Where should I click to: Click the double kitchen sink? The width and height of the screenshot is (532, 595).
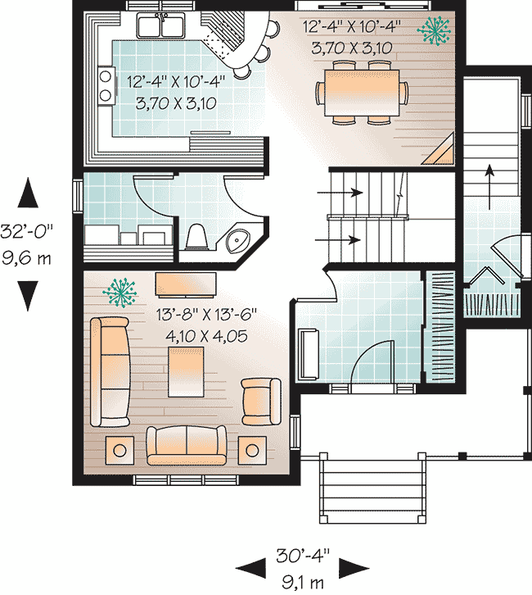click(161, 25)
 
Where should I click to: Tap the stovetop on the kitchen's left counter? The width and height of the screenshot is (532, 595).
click(106, 86)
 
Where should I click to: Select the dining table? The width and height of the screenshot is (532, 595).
click(362, 93)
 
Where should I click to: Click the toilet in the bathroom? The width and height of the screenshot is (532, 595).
click(196, 236)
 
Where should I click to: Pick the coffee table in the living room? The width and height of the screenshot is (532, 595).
click(186, 371)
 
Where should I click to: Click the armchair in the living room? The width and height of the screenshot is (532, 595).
click(261, 402)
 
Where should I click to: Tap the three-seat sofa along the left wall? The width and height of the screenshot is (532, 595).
click(110, 372)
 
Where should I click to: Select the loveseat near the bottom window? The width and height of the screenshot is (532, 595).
click(187, 446)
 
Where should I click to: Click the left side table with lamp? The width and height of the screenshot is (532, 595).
click(119, 450)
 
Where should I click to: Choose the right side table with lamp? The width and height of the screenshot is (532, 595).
click(252, 450)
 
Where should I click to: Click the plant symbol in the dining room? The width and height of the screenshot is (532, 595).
click(434, 31)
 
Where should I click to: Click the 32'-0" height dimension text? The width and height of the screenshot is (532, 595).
click(26, 231)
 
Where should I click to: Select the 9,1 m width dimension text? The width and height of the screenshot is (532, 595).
click(302, 582)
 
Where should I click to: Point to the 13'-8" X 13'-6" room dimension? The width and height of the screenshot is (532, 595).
click(206, 315)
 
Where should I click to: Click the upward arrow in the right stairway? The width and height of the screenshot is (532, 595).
click(490, 187)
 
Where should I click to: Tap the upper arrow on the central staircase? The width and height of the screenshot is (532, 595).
click(340, 193)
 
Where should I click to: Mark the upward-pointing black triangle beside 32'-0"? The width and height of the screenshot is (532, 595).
click(28, 193)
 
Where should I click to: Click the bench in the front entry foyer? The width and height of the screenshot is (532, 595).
click(309, 354)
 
